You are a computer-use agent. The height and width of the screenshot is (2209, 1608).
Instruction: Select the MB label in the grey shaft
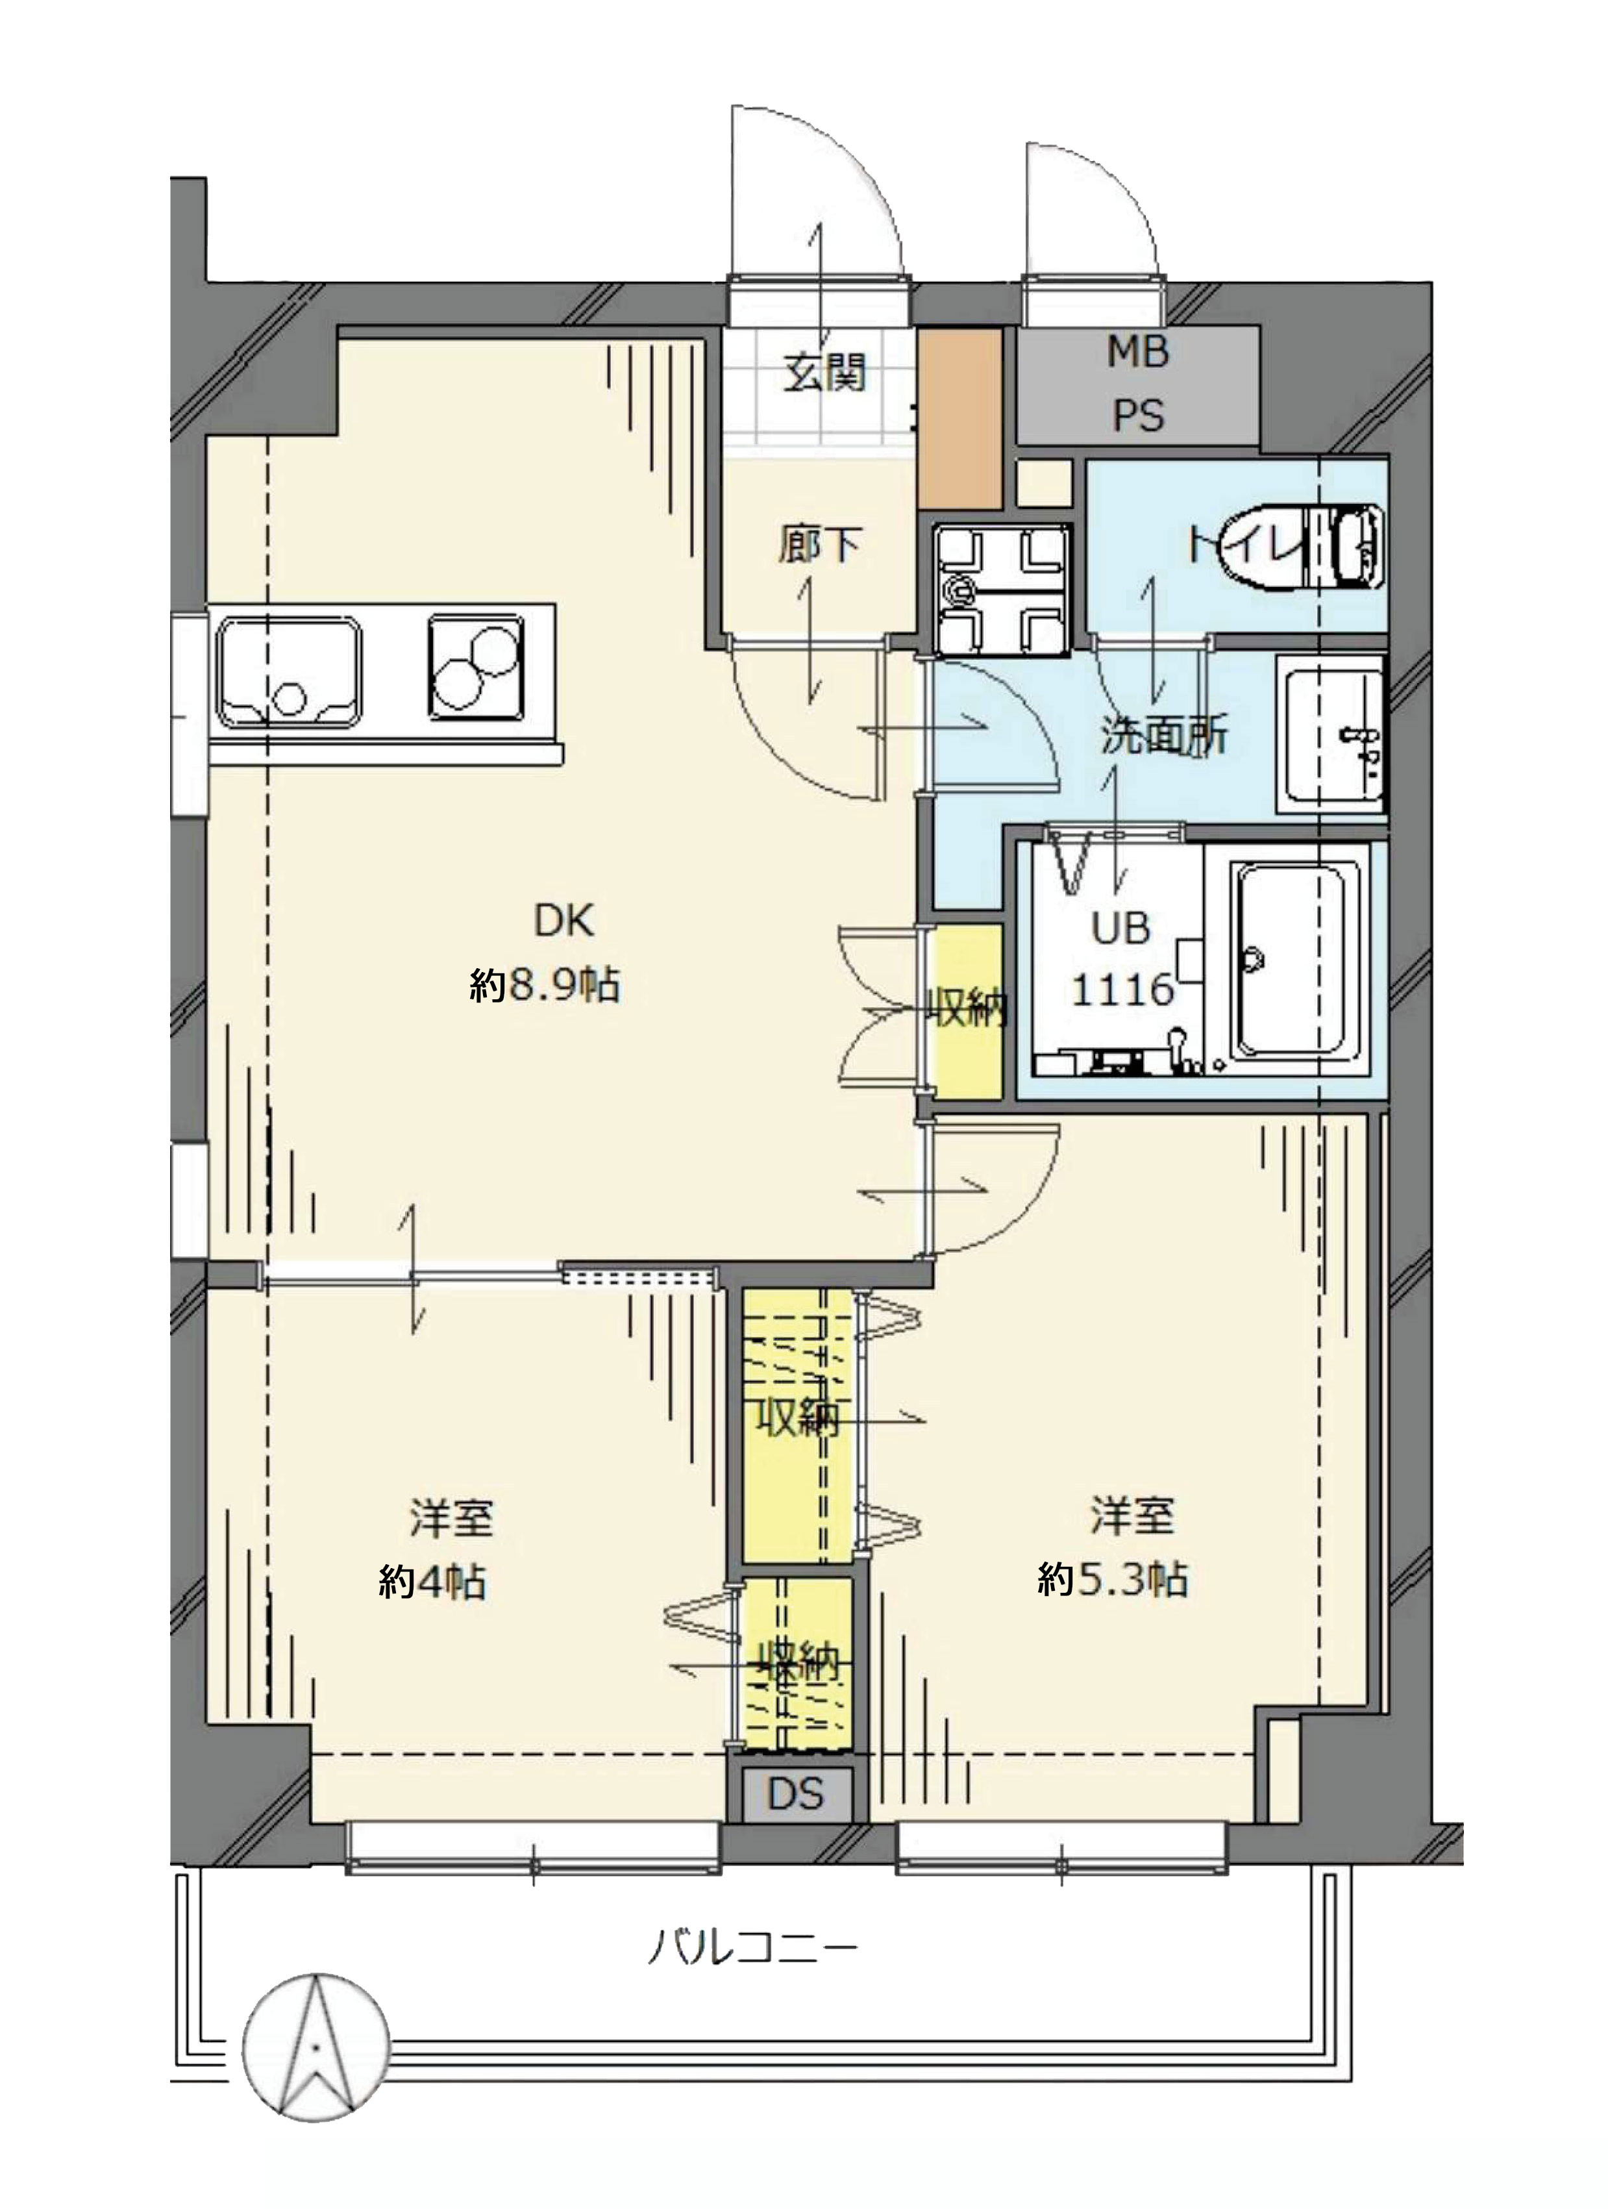pyautogui.click(x=1137, y=352)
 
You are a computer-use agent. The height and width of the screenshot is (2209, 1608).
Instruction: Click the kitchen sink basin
pyautogui.click(x=290, y=672)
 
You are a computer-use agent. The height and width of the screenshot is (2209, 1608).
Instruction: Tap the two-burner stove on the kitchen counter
pyautogui.click(x=476, y=668)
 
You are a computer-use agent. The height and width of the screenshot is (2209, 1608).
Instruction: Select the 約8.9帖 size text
pyautogui.click(x=545, y=986)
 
